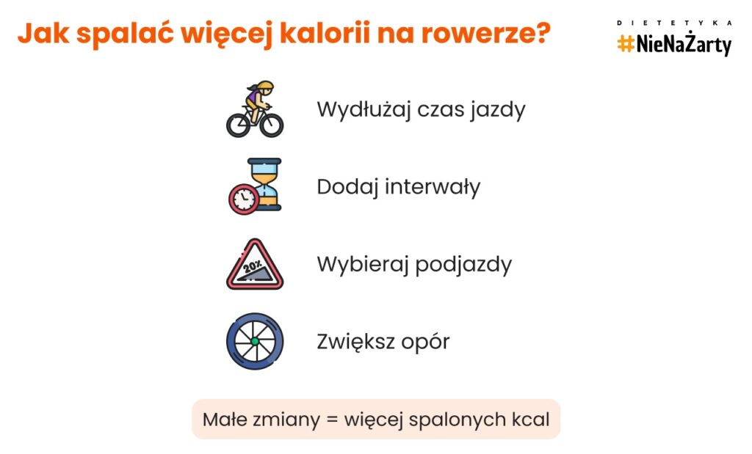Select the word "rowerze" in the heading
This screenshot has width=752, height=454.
(476, 35)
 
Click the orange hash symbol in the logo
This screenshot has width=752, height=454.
(626, 44)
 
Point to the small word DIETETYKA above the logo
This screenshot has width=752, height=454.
(674, 23)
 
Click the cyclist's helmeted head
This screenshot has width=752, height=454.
(264, 87)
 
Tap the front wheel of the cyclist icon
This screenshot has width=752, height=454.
(272, 125)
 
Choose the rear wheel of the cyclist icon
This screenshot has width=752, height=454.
(239, 125)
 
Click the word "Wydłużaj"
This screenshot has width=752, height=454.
(364, 110)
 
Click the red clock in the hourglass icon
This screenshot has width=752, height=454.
(244, 199)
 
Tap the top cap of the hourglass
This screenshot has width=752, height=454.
(264, 161)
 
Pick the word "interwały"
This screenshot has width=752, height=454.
(432, 187)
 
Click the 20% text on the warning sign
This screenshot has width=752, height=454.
(253, 266)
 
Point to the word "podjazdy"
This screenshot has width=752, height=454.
(463, 265)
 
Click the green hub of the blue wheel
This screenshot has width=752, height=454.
(255, 342)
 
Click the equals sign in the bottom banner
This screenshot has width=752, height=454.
(332, 420)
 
